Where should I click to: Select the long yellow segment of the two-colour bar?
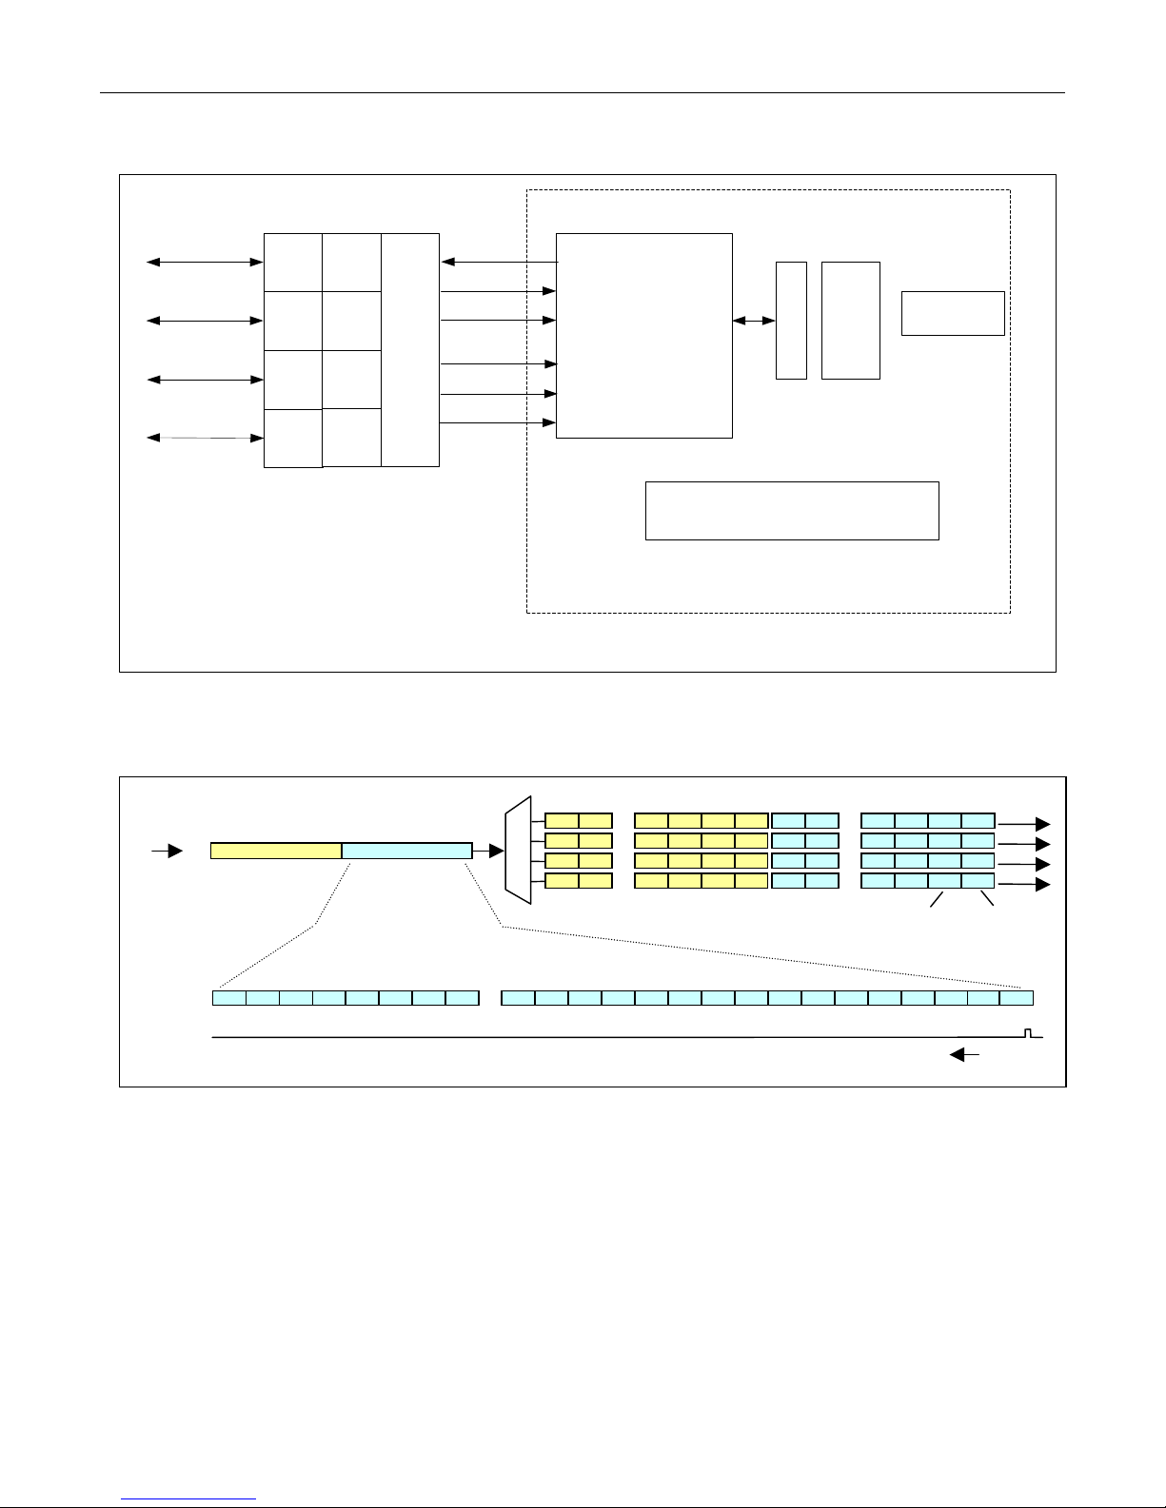(276, 851)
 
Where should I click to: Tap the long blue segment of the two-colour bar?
(406, 851)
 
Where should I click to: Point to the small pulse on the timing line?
(1027, 1032)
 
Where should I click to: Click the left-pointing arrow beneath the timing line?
(966, 1054)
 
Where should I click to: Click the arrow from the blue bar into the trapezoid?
(488, 851)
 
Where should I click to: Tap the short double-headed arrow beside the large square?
(754, 322)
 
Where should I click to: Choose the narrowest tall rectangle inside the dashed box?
(791, 320)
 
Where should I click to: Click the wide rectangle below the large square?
(792, 511)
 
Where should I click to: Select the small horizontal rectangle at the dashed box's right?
(953, 313)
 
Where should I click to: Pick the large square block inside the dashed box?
(643, 335)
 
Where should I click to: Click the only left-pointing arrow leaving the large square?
(498, 262)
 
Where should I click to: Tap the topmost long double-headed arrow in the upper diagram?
(204, 262)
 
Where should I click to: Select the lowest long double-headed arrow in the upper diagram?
(204, 438)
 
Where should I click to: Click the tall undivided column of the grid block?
(410, 350)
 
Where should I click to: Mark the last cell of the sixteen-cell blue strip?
(1017, 998)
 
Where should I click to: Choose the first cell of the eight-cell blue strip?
(228, 998)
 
